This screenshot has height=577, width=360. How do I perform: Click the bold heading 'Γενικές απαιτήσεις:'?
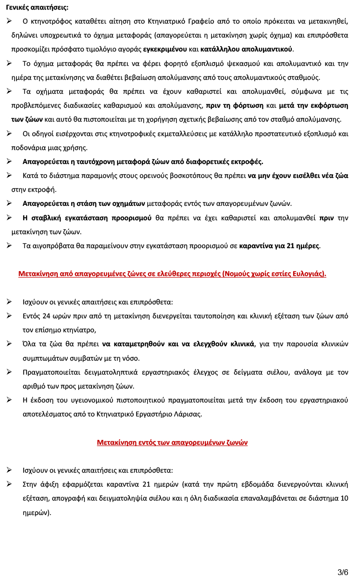coord(37,8)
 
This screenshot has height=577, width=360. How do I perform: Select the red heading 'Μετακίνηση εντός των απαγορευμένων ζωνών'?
coord(172,442)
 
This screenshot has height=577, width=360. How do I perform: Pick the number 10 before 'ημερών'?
coord(344,498)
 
